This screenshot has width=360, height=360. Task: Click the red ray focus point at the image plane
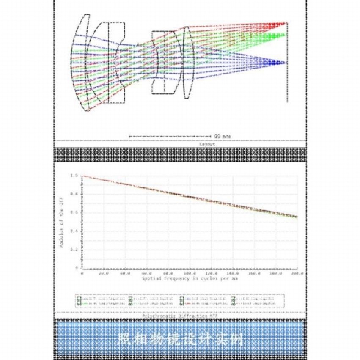286,23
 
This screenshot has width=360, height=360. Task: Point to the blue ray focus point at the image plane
286,63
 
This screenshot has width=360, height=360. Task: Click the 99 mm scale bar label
222,136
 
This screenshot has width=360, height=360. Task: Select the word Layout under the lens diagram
207,144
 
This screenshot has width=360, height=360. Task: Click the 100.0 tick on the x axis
190,274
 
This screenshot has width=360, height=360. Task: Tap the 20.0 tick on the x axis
103,274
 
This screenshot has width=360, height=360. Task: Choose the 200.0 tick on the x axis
297,274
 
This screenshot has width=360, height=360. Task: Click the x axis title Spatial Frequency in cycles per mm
190,279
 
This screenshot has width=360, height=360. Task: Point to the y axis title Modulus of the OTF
62,221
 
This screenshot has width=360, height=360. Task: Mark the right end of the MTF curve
297,217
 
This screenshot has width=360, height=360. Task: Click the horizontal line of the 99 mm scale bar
169,136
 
